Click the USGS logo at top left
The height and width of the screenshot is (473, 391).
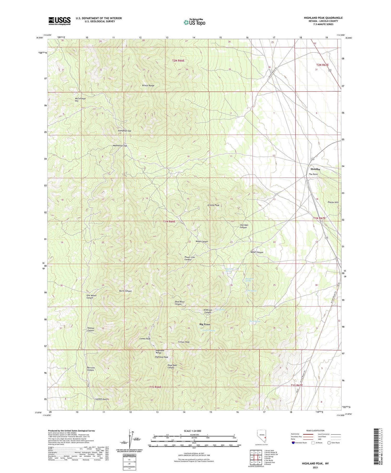(59, 21)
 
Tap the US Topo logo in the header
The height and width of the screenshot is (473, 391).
(194, 22)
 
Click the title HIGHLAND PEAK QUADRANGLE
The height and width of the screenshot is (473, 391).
(323, 18)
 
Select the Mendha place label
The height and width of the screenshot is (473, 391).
(315, 169)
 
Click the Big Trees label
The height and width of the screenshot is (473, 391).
(205, 324)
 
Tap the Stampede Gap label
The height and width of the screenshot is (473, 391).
(124, 131)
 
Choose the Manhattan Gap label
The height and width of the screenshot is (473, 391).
(120, 146)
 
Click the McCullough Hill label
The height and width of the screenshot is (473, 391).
(80, 100)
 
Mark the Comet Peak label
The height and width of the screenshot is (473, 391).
(145, 339)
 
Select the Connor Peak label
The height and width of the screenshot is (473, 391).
(184, 342)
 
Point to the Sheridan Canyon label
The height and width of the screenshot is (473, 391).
(243, 226)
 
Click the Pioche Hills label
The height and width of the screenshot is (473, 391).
(333, 202)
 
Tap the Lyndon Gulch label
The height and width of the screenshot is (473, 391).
(102, 399)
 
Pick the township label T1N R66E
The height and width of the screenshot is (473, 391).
(169, 221)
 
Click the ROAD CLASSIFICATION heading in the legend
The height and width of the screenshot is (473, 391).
(315, 430)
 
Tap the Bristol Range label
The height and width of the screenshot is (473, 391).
(148, 86)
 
